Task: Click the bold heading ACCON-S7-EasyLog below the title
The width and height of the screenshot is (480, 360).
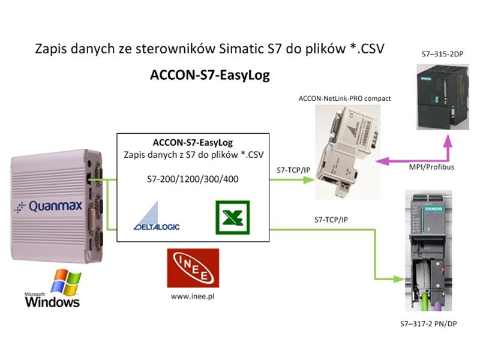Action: (209, 76)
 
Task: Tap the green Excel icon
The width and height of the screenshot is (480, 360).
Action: (233, 217)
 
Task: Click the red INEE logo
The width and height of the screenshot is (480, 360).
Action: (193, 268)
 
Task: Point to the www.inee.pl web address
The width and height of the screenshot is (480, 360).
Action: (193, 296)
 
